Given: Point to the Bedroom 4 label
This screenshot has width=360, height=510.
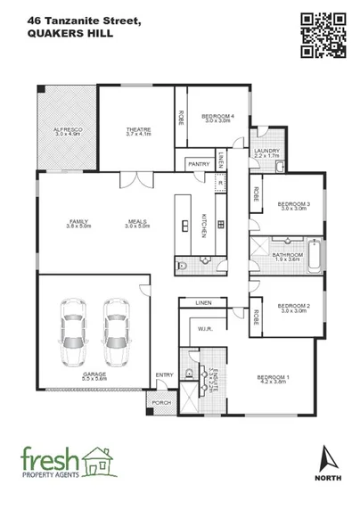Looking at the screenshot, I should (x=217, y=118).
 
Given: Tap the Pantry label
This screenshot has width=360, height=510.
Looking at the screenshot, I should (x=198, y=165).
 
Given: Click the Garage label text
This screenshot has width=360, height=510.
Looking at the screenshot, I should (x=94, y=377).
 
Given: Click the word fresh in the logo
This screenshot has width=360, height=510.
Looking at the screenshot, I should (x=52, y=461).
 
